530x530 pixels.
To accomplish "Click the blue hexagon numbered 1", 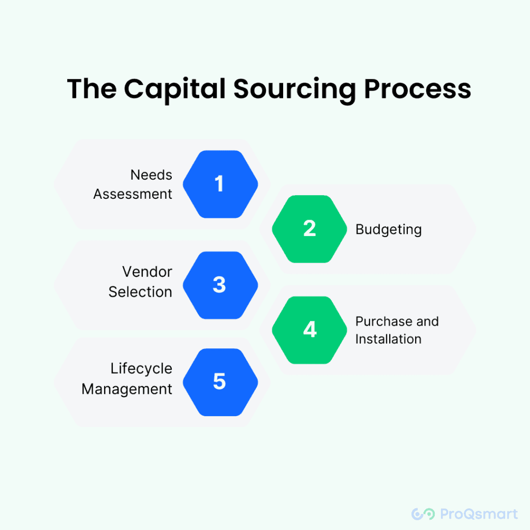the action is (220, 184).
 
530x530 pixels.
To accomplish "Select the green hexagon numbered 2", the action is (310, 229).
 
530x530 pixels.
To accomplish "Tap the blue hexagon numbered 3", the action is (220, 285).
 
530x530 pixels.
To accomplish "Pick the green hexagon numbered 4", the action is (310, 330).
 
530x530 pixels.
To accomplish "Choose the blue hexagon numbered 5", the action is (220, 382).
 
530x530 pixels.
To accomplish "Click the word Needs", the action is (152, 175).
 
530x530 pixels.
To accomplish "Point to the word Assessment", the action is (133, 194).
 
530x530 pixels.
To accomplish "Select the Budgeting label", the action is (388, 230).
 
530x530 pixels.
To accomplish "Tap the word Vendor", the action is (148, 272).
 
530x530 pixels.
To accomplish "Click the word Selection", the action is (140, 292).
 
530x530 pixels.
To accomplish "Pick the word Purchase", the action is (384, 321).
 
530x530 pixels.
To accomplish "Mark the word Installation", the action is (388, 339).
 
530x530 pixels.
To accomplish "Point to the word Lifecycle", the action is (141, 369).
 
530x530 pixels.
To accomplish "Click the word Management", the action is (127, 389).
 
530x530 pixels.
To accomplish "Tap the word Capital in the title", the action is (175, 90).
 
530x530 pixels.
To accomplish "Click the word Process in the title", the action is (418, 89).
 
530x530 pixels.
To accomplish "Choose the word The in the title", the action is (92, 88).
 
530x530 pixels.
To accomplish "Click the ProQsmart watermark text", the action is (479, 514).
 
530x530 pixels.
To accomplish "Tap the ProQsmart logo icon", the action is (423, 514).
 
